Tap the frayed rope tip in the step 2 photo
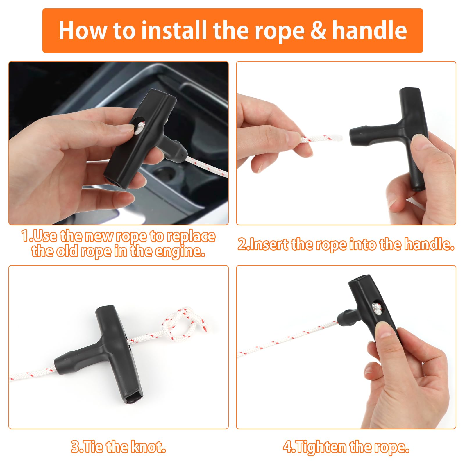(x=337, y=137)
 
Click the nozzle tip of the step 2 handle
(x=353, y=136)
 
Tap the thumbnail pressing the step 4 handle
(x=382, y=330)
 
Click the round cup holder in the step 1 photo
(x=166, y=172)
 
